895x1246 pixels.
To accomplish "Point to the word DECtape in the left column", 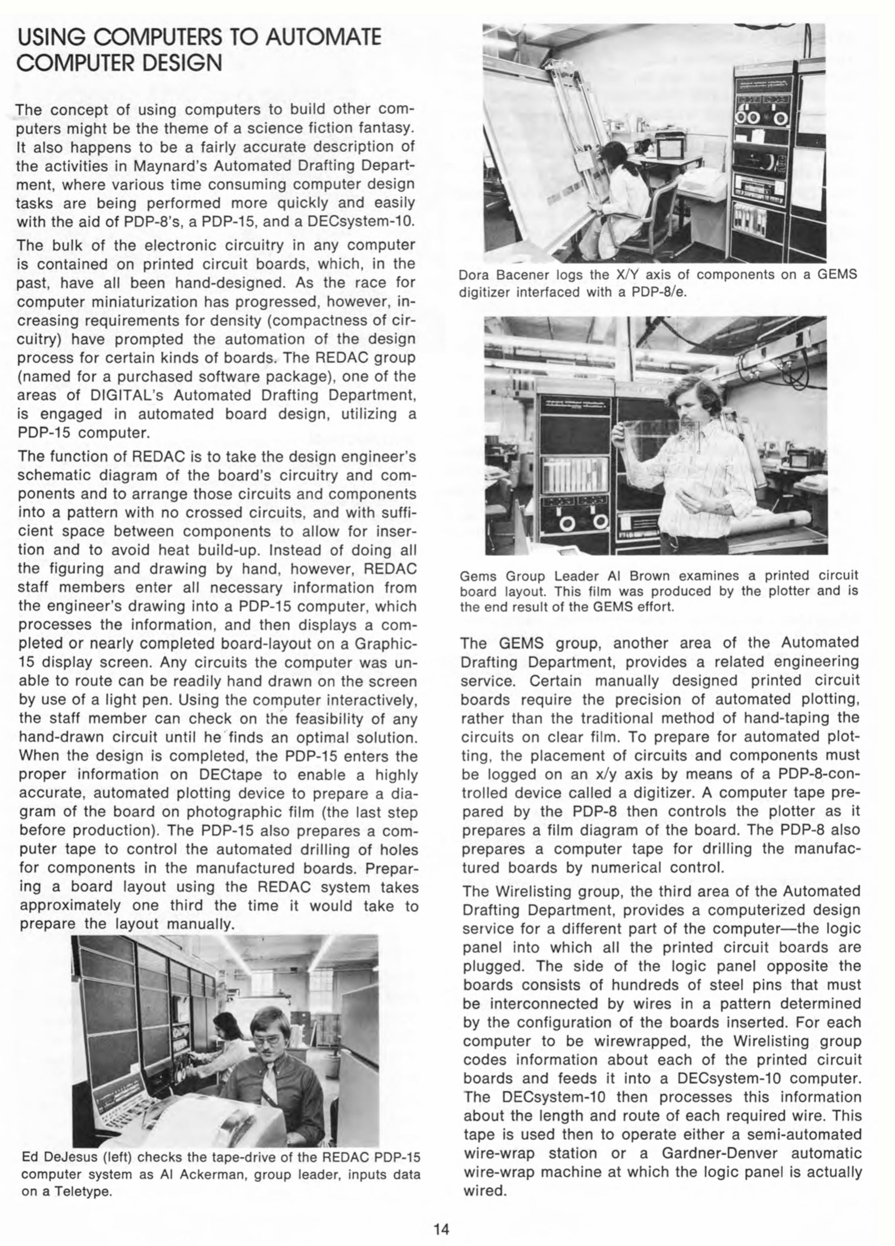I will point(225,775).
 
